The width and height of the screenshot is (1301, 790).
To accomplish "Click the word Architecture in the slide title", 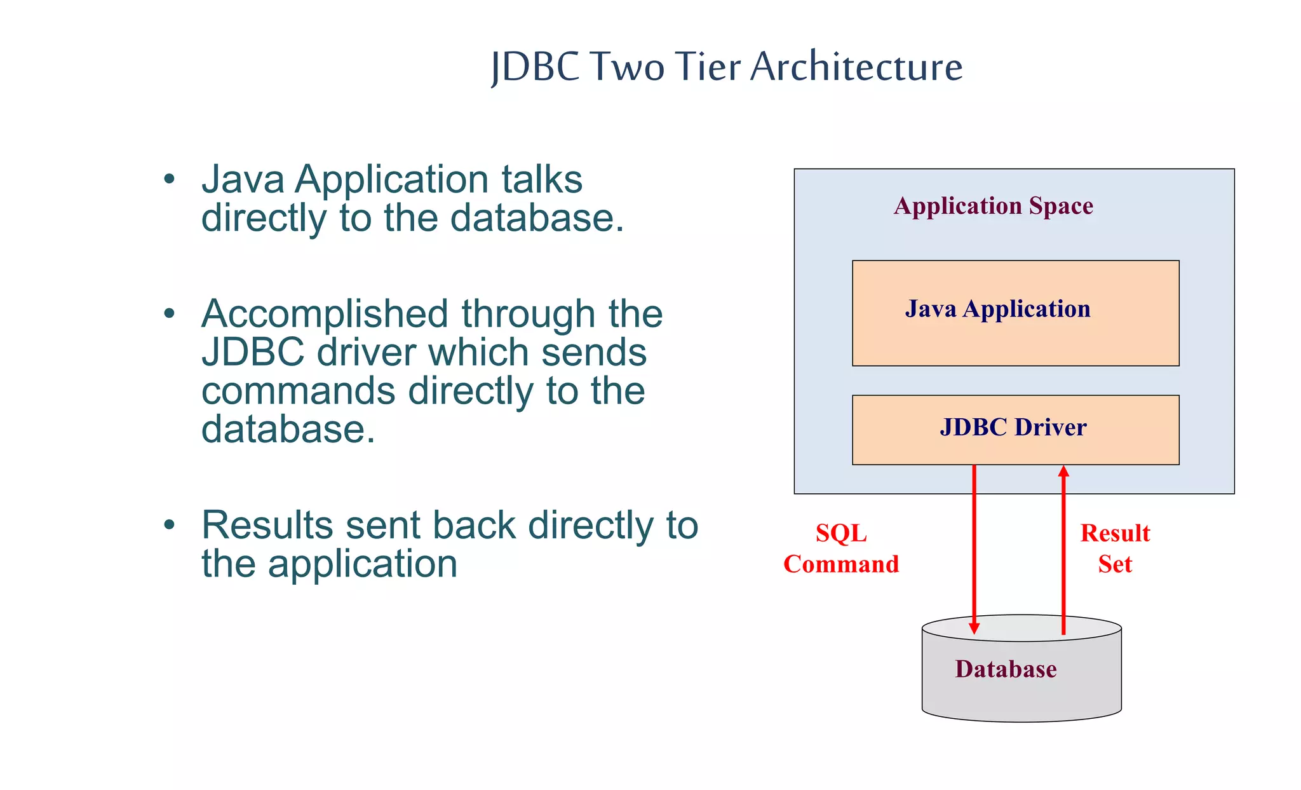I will coord(856,66).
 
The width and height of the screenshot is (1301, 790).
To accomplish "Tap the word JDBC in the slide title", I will coord(536,66).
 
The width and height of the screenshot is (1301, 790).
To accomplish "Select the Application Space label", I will coord(993,206).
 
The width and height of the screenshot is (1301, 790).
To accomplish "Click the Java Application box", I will coord(1015,313).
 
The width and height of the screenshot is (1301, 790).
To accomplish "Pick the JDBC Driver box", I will coord(1015,429).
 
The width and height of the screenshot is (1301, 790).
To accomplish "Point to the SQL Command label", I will coord(841,548).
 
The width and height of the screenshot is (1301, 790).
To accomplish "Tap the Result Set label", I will coord(1115,548).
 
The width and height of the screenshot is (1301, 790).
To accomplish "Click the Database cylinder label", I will coord(1006,669).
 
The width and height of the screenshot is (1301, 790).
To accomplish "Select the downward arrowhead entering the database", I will coord(974,629).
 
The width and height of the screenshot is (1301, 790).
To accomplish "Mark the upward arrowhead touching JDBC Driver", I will coord(1063,471).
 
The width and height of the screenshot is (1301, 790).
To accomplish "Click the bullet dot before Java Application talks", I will coord(168,179).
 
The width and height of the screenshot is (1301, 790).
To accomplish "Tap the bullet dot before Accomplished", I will coord(168,313).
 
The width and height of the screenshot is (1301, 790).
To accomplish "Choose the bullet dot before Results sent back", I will coord(168,525).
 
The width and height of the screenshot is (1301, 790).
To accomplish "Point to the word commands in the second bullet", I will coord(298,391).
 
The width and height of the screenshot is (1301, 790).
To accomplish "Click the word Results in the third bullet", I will coord(267,526).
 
